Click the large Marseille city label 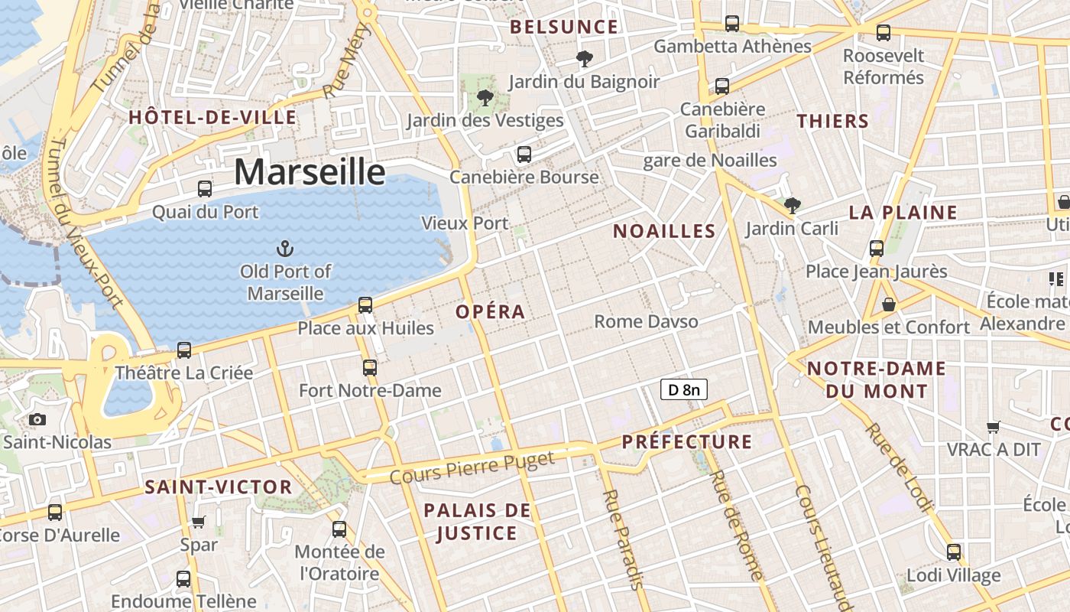coord(310,171)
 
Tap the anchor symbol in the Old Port coord(284,248)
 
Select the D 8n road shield coord(683,390)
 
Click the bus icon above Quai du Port coord(205,188)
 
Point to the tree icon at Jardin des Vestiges coord(485,97)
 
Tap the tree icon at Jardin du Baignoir coord(584,58)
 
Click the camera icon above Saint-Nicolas coord(37,419)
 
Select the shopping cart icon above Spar coord(199,522)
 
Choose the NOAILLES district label coord(664,231)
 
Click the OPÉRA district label coord(491,312)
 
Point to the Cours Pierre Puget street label coord(472,467)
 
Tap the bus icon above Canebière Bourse coord(524,154)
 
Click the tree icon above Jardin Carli coord(793,205)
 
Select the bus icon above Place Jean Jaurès coord(877,248)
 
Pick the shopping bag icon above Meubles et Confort coord(889,304)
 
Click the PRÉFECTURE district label coord(687,442)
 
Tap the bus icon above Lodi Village coord(954,552)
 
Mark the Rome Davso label coord(647,321)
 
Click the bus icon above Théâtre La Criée coord(184,350)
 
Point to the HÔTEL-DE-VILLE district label coord(212,118)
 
